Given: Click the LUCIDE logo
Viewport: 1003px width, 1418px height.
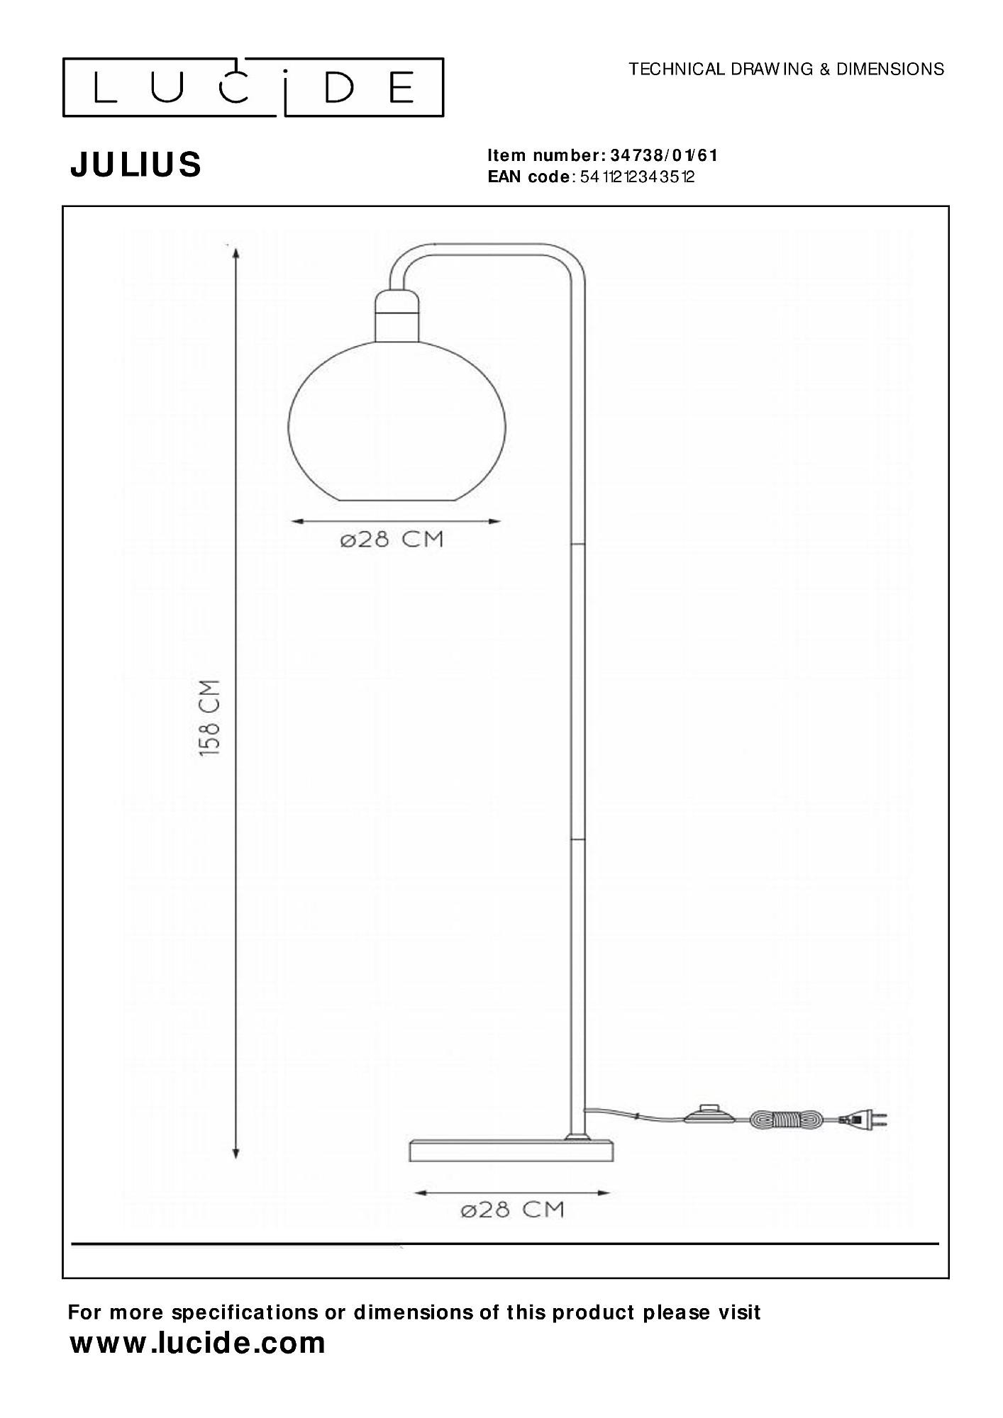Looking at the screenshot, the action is (253, 87).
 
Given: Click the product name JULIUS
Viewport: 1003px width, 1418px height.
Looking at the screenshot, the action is (135, 164).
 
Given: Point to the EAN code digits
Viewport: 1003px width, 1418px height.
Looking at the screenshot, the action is (637, 177).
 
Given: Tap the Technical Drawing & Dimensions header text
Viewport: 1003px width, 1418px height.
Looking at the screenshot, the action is (787, 69).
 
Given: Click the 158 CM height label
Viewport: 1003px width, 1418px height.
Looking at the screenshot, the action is (209, 718).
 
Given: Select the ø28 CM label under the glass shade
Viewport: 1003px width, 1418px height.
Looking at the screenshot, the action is (392, 540).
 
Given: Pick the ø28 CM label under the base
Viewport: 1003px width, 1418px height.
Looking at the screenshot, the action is (512, 1210).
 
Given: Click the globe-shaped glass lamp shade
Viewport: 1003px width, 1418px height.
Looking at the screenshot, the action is (397, 423).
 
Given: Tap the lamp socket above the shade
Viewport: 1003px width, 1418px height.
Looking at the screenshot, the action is (396, 317).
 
